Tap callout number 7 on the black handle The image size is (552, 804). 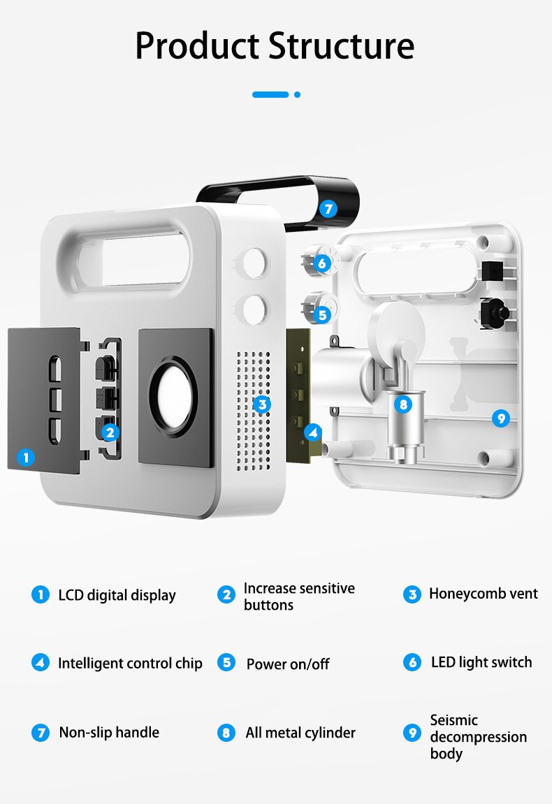pyautogui.click(x=329, y=208)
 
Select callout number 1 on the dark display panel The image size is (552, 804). pyautogui.click(x=26, y=458)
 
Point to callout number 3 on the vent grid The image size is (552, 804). pyautogui.click(x=261, y=404)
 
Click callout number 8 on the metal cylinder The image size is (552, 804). pyautogui.click(x=402, y=404)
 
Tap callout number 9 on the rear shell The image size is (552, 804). pyautogui.click(x=500, y=418)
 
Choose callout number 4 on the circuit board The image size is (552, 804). pyautogui.click(x=313, y=432)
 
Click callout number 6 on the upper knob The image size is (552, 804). pyautogui.click(x=321, y=263)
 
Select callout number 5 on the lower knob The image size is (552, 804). pyautogui.click(x=321, y=314)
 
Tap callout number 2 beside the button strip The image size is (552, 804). pyautogui.click(x=110, y=432)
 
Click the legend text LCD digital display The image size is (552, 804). pyautogui.click(x=117, y=595)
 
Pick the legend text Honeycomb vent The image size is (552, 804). pyautogui.click(x=483, y=594)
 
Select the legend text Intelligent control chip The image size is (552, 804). pyautogui.click(x=130, y=663)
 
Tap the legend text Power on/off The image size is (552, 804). pyautogui.click(x=287, y=664)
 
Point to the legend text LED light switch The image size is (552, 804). pyautogui.click(x=481, y=662)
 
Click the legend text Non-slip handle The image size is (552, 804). pyautogui.click(x=109, y=732)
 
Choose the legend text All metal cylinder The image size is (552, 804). pyautogui.click(x=300, y=733)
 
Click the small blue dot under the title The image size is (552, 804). pyautogui.click(x=297, y=94)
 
